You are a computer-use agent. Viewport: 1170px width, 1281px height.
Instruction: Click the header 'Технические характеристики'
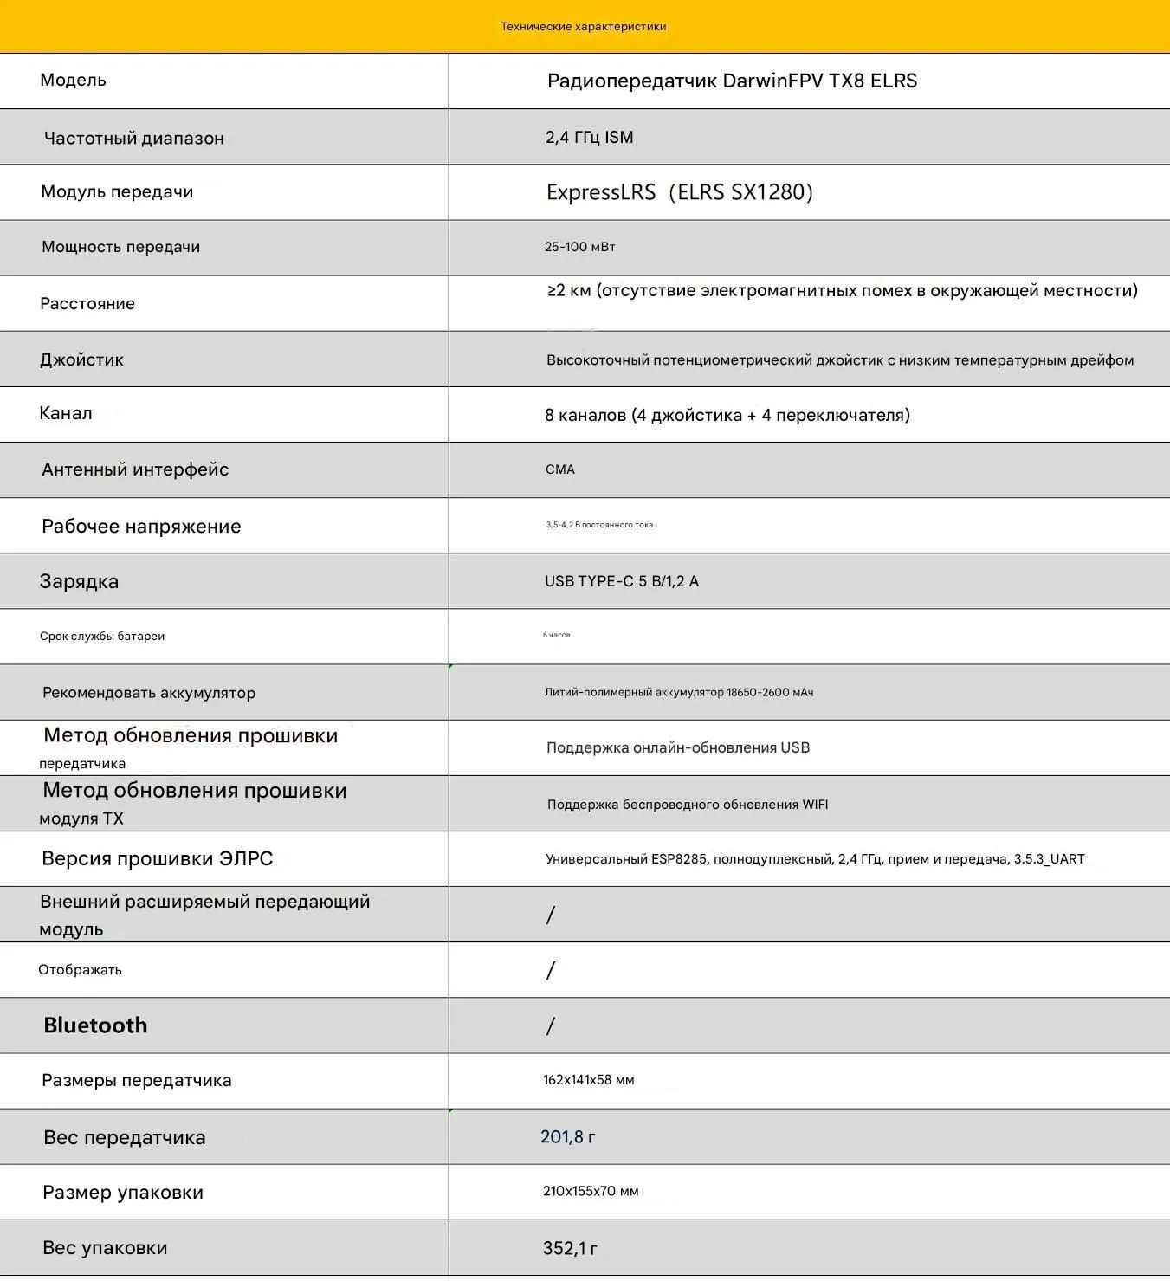coord(583,27)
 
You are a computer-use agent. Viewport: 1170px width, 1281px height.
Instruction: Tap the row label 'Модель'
coord(73,81)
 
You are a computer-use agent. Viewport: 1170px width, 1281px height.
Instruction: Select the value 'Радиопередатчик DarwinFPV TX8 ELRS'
coord(732,81)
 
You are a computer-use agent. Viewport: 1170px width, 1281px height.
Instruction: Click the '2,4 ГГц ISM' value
coord(589,138)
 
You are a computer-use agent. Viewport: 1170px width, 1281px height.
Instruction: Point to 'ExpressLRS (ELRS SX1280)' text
coord(679,192)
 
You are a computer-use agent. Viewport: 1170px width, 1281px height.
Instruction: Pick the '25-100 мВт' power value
coord(579,247)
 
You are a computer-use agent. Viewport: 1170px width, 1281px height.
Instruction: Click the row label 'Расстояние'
coord(87,304)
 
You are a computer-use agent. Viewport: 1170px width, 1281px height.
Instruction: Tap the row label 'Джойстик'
coord(81,360)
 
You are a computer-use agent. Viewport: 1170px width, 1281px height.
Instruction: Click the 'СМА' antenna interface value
coord(559,469)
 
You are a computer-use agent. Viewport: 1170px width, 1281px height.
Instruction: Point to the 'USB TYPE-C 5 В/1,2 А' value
coord(621,581)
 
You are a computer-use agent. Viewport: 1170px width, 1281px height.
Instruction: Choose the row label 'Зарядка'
coord(79,582)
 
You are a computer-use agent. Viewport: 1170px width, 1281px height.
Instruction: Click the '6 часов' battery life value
coord(556,636)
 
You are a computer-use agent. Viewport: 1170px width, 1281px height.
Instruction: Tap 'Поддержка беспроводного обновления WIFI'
coord(687,805)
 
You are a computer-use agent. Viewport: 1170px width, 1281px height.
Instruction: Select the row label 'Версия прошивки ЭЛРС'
coord(157,859)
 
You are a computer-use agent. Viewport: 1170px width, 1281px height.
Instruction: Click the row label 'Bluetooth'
coord(95,1025)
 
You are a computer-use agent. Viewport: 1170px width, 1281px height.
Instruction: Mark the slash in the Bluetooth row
coord(550,1026)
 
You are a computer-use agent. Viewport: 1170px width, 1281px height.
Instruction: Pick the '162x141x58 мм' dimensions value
coord(588,1080)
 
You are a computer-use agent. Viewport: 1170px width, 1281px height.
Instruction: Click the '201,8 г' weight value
coord(567,1137)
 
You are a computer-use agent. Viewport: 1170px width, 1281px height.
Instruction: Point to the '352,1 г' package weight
coord(570,1248)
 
